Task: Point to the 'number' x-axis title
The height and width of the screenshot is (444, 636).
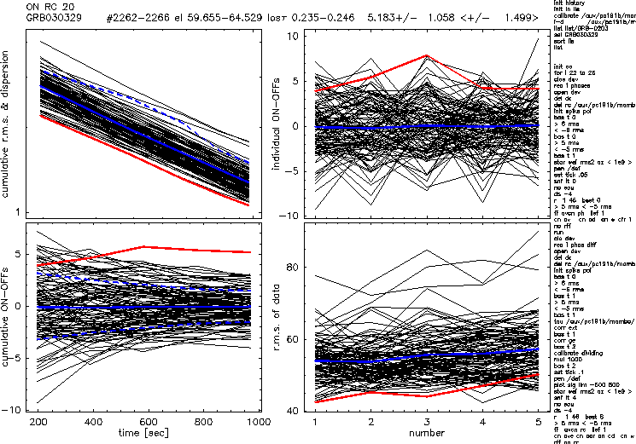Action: point(427,435)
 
